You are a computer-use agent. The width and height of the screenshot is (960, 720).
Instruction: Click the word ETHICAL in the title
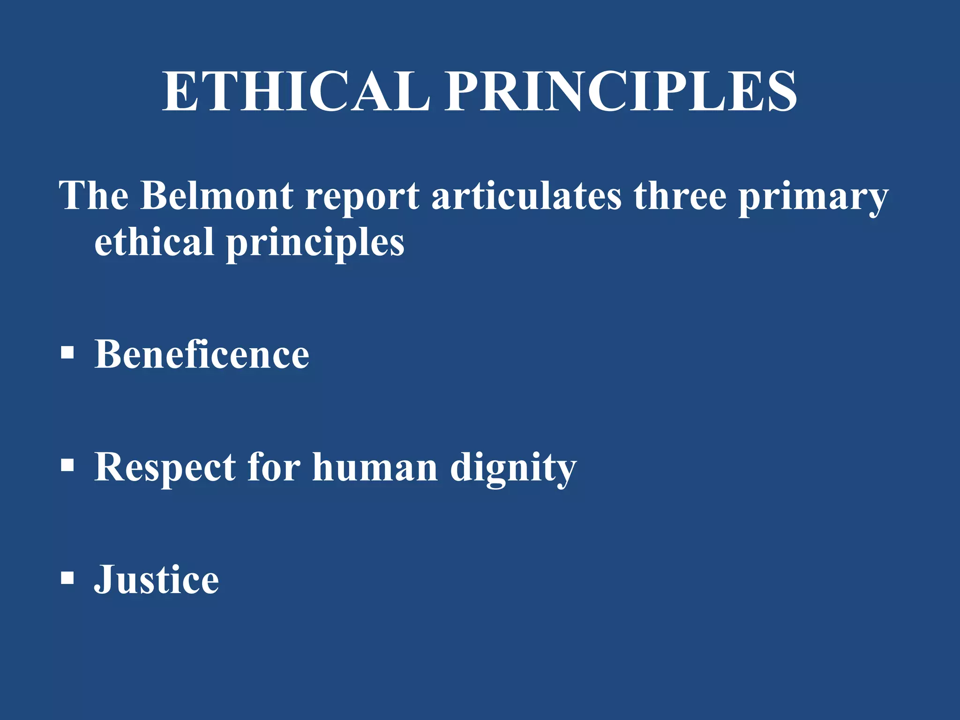pyautogui.click(x=296, y=91)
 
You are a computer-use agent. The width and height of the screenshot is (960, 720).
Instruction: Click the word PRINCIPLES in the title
pyautogui.click(x=621, y=91)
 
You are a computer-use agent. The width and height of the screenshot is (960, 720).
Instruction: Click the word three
pyautogui.click(x=680, y=195)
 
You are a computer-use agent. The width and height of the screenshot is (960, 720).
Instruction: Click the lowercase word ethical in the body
pyautogui.click(x=154, y=242)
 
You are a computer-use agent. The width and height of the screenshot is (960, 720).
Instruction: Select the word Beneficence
pyautogui.click(x=202, y=354)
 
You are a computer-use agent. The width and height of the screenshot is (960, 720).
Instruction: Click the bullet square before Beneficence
pyautogui.click(x=67, y=352)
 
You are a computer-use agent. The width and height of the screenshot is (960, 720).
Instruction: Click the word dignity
pyautogui.click(x=513, y=469)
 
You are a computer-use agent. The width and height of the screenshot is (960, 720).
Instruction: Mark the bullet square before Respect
pyautogui.click(x=67, y=465)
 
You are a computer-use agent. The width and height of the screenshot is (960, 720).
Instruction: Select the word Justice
pyautogui.click(x=157, y=579)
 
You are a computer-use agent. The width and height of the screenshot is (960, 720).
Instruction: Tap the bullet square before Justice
pyautogui.click(x=67, y=578)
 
